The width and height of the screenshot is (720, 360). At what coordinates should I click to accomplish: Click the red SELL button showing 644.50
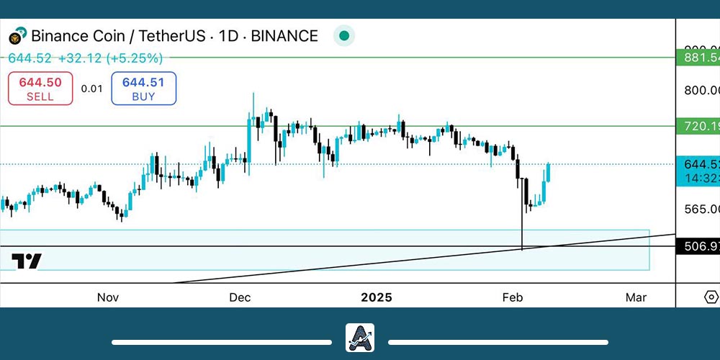[40, 89]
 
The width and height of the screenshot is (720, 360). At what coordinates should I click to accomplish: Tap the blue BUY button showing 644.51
[143, 89]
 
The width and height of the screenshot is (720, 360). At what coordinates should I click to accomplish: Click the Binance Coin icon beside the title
[17, 35]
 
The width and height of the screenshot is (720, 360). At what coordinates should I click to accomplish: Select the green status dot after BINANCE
[344, 35]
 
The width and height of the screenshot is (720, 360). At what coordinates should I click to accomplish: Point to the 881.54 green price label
[698, 57]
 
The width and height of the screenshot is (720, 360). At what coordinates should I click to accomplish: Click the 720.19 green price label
[698, 126]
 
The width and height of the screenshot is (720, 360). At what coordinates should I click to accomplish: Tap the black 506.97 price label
[698, 247]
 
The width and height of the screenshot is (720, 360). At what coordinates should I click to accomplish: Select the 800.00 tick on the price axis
[701, 91]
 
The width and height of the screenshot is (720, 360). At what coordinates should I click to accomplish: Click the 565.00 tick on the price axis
[701, 209]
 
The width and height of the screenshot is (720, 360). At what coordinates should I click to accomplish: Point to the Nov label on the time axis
[107, 297]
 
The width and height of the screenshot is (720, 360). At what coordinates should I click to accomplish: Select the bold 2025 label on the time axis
[377, 297]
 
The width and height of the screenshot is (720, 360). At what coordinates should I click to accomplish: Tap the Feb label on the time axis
[512, 297]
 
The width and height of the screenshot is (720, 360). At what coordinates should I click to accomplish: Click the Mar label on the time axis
[636, 297]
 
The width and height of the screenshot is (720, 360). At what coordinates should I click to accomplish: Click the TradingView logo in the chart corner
[27, 261]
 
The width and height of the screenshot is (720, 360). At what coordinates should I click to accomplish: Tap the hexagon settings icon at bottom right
[711, 297]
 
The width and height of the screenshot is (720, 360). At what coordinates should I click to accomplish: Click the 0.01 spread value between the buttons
[91, 89]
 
